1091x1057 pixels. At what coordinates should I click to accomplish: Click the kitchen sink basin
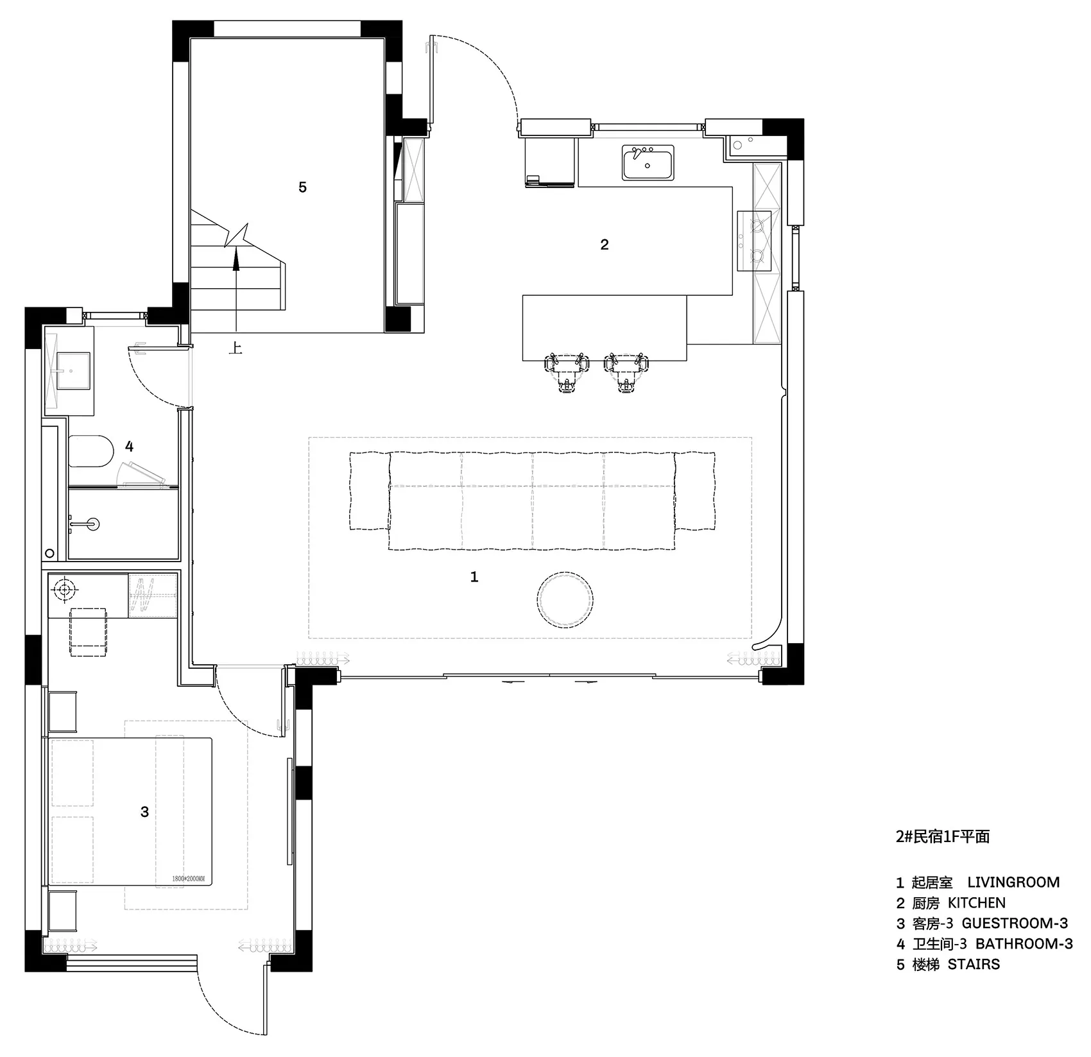648,162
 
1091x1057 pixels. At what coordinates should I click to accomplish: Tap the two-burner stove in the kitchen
755,241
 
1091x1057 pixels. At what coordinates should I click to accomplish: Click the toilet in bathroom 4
90,451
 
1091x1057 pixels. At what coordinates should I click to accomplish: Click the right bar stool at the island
626,372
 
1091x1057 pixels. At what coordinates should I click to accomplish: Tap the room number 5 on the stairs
302,187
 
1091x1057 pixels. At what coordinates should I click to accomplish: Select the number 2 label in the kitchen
605,245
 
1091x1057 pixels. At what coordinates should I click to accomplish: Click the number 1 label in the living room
474,577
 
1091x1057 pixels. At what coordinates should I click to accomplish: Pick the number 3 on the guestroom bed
144,812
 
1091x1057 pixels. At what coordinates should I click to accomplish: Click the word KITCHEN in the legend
977,903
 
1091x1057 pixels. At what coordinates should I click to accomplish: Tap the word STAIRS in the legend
974,965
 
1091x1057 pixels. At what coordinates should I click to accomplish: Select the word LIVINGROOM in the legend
1013,882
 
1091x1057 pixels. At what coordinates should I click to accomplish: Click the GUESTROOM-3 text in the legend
1015,924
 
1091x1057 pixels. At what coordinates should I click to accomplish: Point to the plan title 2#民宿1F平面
943,837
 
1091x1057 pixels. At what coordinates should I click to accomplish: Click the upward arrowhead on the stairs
236,258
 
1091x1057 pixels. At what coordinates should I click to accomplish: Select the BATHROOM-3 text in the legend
1024,944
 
